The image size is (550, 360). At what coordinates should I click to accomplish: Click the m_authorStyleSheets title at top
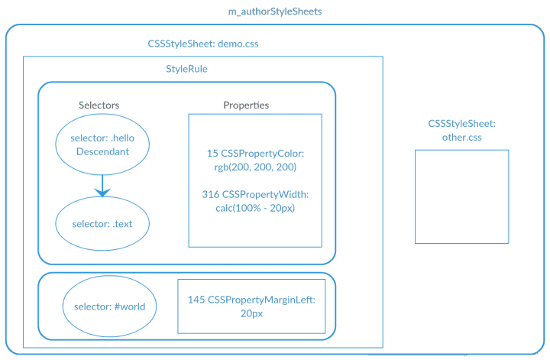click(275, 12)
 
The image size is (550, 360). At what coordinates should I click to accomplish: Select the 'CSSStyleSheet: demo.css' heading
click(203, 44)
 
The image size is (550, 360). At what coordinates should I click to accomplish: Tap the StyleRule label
click(186, 69)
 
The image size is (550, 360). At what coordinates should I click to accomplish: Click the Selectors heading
click(99, 105)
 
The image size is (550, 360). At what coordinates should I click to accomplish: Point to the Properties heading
click(246, 105)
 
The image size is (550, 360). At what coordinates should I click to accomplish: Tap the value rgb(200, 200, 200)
click(255, 167)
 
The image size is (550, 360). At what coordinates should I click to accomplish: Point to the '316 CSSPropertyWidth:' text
click(255, 194)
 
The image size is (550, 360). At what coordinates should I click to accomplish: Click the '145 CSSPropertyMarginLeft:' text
click(251, 300)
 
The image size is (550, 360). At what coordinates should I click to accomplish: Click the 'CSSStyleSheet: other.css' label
click(461, 130)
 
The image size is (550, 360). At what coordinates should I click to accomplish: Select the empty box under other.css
click(461, 196)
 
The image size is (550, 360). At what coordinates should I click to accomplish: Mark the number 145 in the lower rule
click(196, 300)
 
